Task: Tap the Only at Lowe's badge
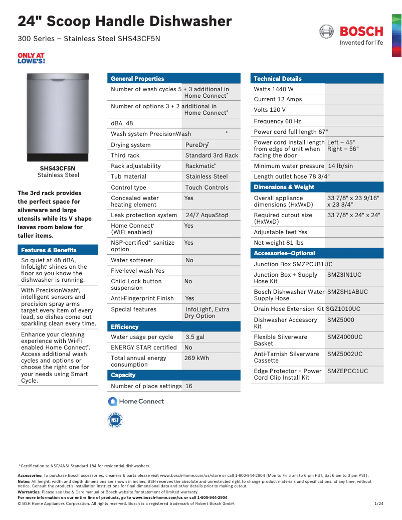[31, 58]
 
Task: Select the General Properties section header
[137, 79]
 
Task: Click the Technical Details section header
[278, 79]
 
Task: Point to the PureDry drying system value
[197, 145]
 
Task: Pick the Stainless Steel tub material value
[207, 177]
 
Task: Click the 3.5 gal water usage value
[195, 337]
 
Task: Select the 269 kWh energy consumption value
[196, 358]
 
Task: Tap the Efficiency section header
[125, 327]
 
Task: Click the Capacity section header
[123, 375]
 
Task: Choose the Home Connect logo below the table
[136, 401]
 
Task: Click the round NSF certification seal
[116, 420]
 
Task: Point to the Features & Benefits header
[49, 250]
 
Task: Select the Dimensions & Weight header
[284, 187]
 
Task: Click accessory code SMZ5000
[341, 320]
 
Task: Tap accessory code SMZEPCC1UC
[347, 371]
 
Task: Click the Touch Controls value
[207, 188]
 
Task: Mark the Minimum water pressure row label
[289, 166]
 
